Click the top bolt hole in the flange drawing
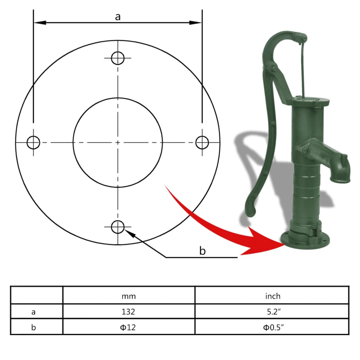(x=118, y=58)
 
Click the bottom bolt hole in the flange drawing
(x=118, y=227)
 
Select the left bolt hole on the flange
(x=34, y=142)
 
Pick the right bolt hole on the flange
(x=202, y=142)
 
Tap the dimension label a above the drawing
(x=118, y=17)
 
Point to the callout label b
(x=202, y=251)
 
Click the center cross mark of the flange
(x=118, y=142)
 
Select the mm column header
(x=129, y=296)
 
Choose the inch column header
(x=272, y=296)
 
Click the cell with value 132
(x=129, y=311)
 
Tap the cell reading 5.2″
(x=272, y=311)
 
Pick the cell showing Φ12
(x=129, y=327)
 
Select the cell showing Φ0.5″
(x=272, y=327)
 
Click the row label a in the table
(x=33, y=311)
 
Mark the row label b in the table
(x=33, y=327)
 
